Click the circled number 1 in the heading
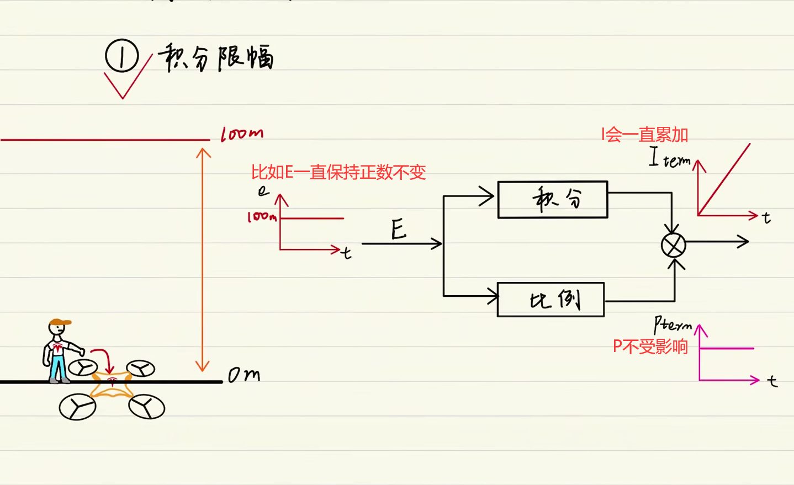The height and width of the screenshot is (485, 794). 121,56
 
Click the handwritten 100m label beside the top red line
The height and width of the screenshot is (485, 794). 242,134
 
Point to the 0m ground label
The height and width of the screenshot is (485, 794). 244,375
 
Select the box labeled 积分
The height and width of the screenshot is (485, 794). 552,200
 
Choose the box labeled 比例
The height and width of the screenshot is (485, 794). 550,300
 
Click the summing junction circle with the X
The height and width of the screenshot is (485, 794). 674,246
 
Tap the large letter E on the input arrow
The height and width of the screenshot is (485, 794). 399,229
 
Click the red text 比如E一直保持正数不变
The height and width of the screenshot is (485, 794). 338,172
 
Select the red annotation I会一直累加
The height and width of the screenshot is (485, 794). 644,135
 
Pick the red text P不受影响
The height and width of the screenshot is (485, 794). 650,347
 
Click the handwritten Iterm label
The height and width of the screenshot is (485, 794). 669,158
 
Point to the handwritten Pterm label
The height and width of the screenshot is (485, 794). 672,324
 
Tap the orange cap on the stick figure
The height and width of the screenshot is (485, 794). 60,322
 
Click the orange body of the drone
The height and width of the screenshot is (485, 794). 112,385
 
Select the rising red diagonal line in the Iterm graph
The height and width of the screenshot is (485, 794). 724,179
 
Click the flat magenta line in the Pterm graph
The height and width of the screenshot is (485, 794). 727,348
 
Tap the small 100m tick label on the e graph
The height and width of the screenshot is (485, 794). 261,217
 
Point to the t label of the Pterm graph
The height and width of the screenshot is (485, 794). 772,381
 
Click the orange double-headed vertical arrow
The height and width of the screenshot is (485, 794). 203,259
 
